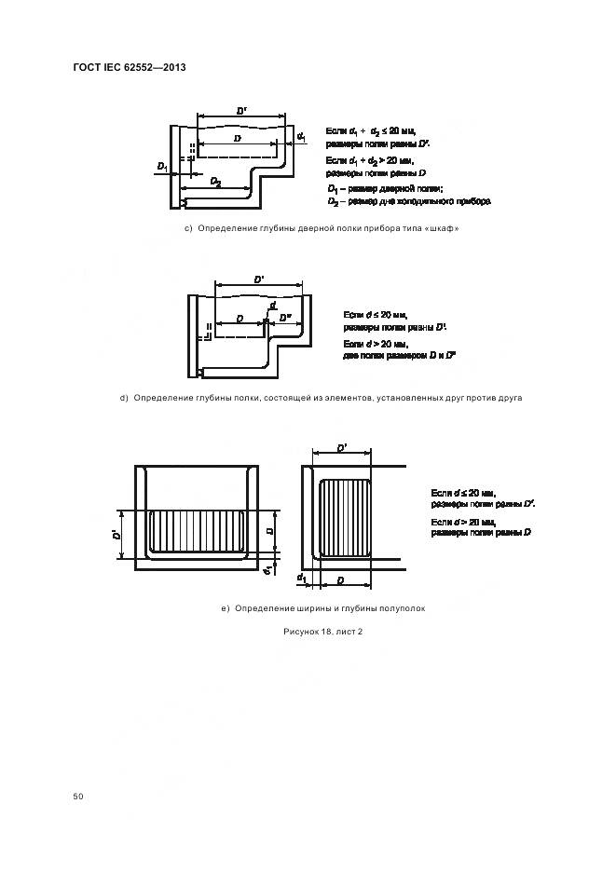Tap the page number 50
[x=78, y=797]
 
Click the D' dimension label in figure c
[x=241, y=112]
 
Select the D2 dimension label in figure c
[x=215, y=182]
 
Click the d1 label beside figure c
[x=301, y=138]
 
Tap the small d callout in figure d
[x=271, y=307]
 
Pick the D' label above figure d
[x=258, y=278]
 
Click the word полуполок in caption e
[x=403, y=608]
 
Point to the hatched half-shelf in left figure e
[x=197, y=533]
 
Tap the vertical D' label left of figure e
[x=113, y=535]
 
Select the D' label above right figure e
[x=342, y=448]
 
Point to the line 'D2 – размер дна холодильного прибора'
[x=408, y=201]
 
